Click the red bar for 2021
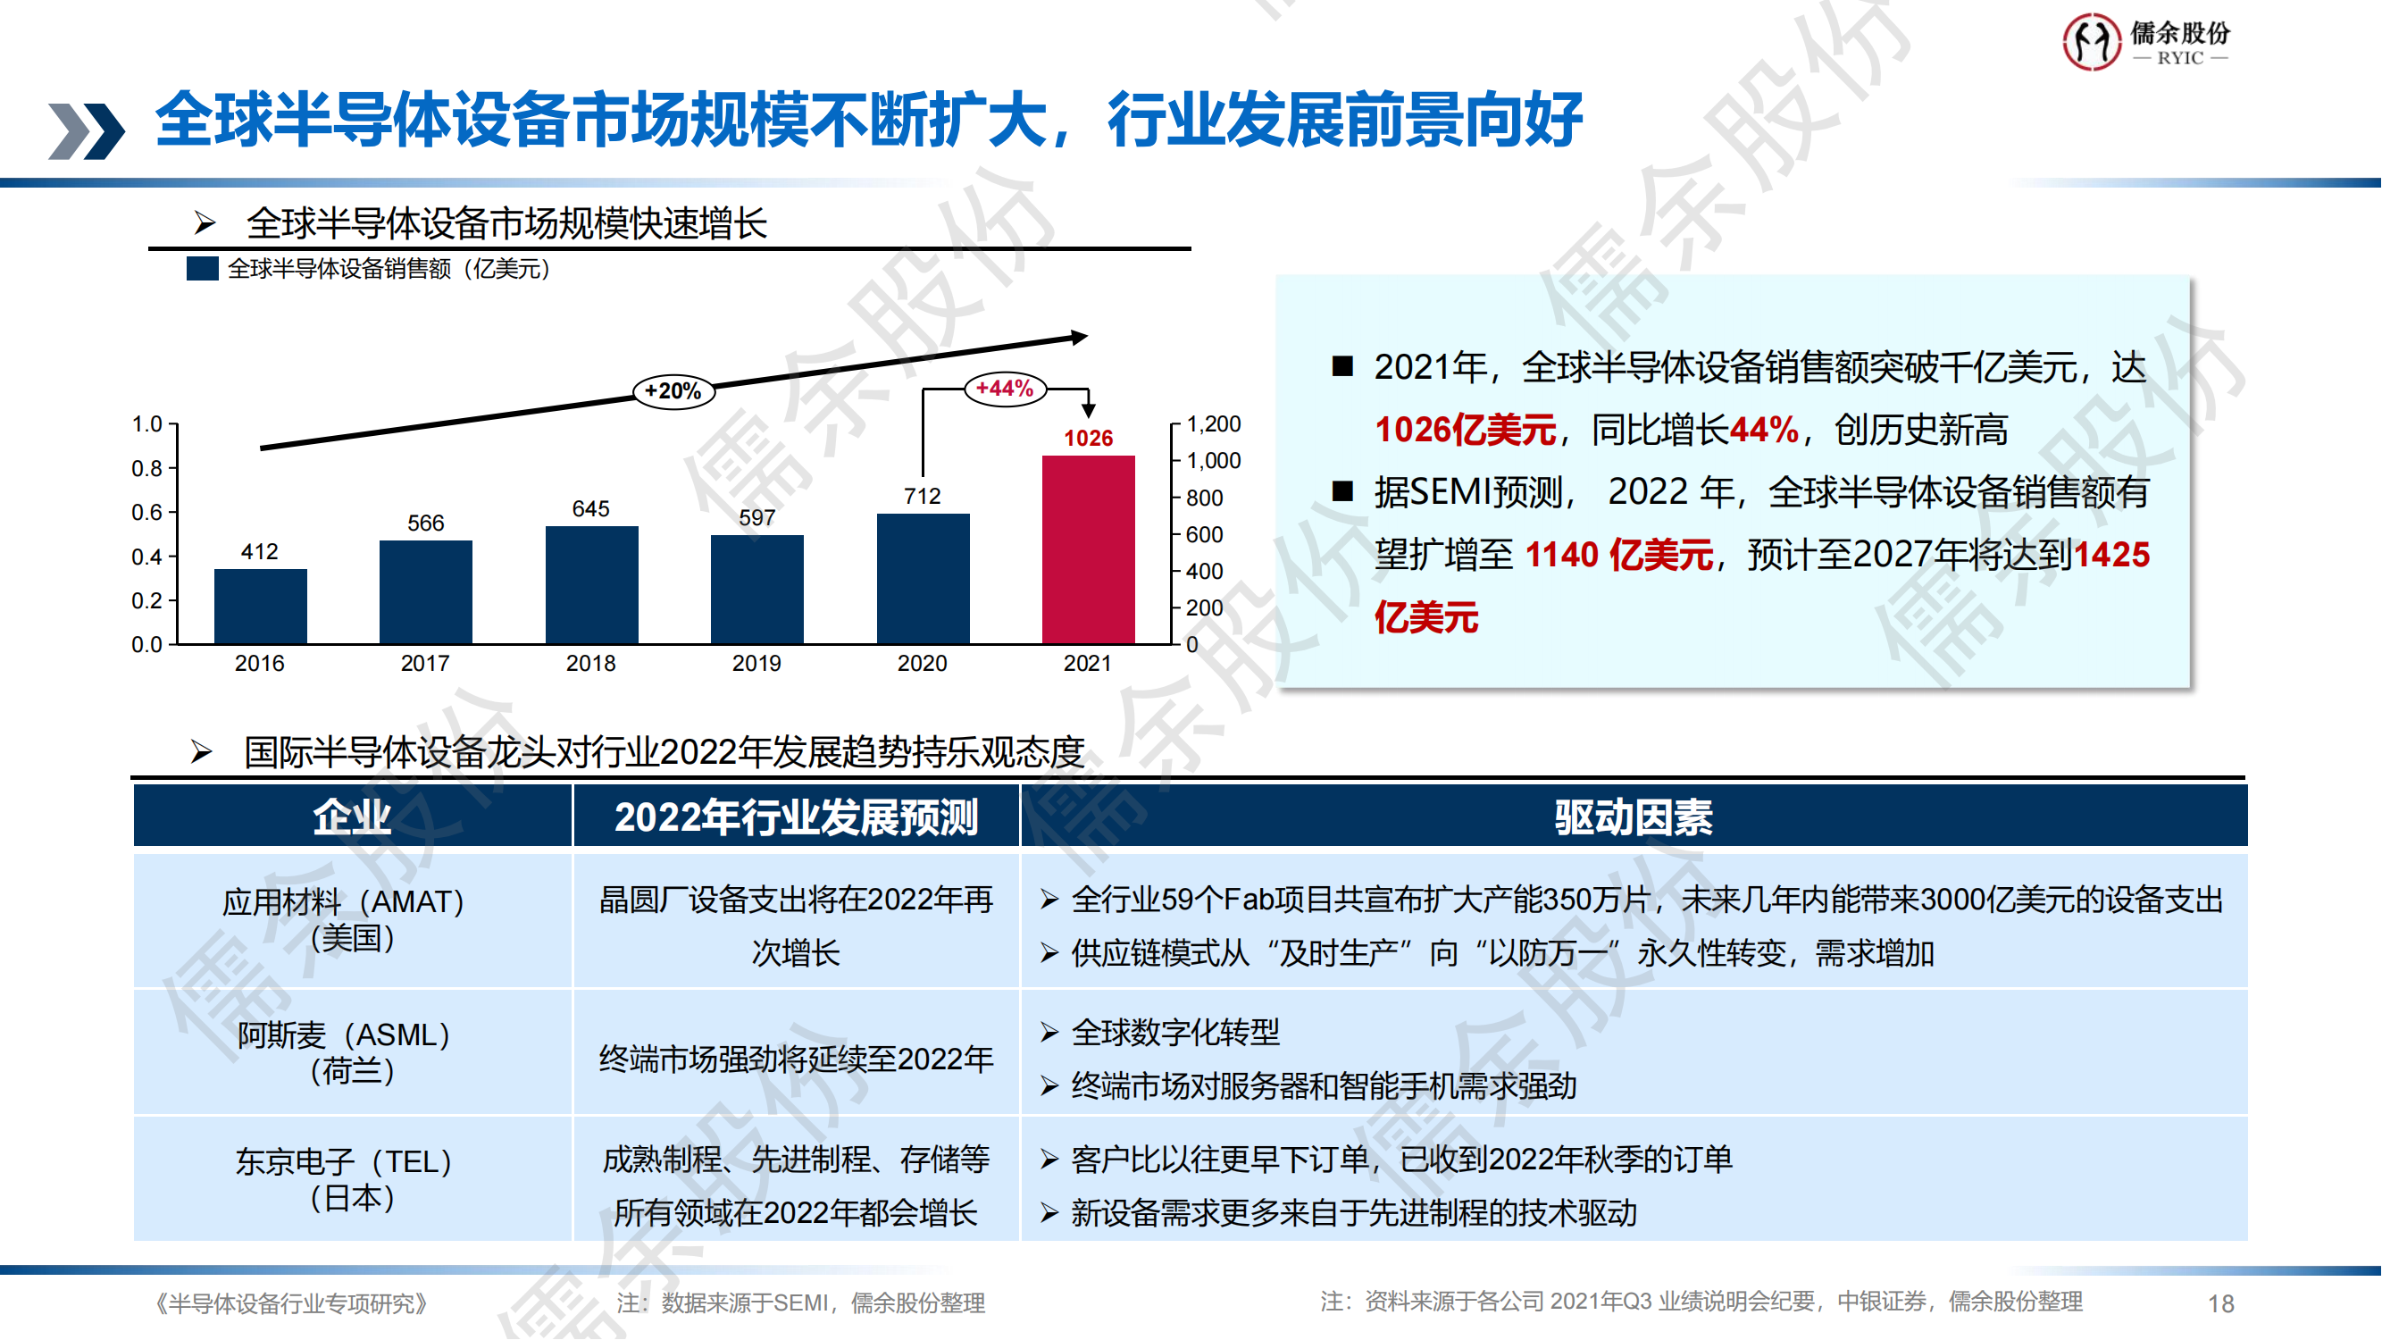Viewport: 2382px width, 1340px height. [x=1089, y=549]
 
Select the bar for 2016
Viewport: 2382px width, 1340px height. [x=260, y=606]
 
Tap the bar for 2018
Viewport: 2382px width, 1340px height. [x=592, y=584]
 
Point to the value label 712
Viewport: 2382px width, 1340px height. [x=923, y=497]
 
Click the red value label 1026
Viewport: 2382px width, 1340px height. [x=1089, y=439]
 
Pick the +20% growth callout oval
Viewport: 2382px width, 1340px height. [x=673, y=391]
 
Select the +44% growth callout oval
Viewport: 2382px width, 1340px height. [x=1005, y=389]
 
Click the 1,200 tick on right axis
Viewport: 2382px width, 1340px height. [x=1213, y=424]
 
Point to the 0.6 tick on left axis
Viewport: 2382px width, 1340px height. [x=147, y=512]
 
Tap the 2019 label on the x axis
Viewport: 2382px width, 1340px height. [x=756, y=663]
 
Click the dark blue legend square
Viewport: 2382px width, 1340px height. [x=203, y=269]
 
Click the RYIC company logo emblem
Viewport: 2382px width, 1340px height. [x=2092, y=42]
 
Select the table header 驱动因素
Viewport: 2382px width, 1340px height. [x=1633, y=817]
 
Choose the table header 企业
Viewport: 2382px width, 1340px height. [x=352, y=817]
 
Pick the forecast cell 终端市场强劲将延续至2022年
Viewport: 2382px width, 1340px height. [x=796, y=1059]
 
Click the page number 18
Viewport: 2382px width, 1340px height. [x=2221, y=1304]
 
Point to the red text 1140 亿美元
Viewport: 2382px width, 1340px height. [x=1619, y=555]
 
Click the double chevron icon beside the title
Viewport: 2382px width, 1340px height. [x=86, y=130]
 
